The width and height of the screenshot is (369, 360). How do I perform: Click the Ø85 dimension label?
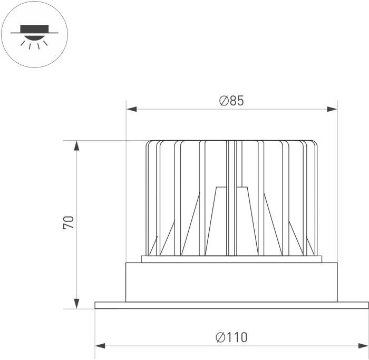tap(231, 101)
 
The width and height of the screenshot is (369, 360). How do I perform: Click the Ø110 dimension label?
tap(231, 337)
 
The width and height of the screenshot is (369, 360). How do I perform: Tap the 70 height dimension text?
tap(69, 222)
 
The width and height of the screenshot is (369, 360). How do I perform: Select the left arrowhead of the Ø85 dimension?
tap(131, 109)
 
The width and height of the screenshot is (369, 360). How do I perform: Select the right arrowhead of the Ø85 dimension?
tap(332, 109)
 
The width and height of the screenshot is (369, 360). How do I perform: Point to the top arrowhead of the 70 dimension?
tap(76, 145)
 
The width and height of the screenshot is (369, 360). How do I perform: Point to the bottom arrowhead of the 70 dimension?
tap(76, 304)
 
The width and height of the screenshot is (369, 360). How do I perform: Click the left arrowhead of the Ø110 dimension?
tap(100, 346)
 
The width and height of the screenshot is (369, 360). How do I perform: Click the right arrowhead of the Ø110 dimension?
tap(363, 346)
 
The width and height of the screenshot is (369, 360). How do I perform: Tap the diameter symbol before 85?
tap(224, 101)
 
